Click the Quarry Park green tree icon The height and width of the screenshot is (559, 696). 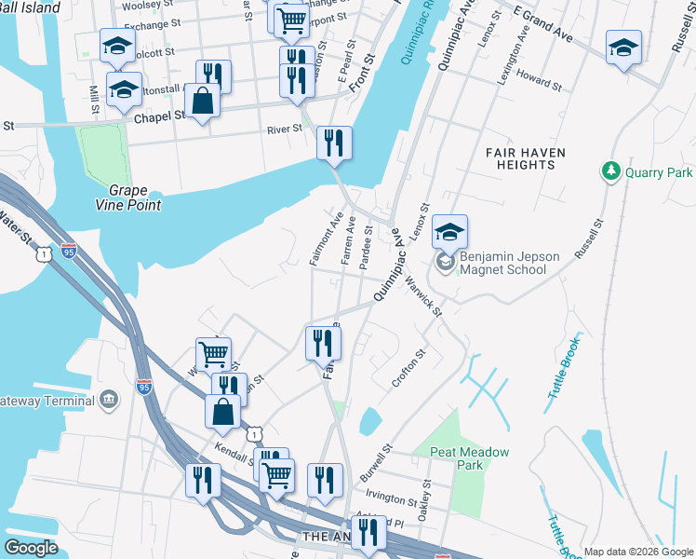(x=611, y=172)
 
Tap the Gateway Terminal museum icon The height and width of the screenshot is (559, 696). (x=109, y=400)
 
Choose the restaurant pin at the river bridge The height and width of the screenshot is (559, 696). (x=334, y=143)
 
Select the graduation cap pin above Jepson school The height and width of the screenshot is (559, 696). (x=449, y=232)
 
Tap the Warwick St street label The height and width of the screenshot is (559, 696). (x=422, y=295)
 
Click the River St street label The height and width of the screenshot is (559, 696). (x=285, y=130)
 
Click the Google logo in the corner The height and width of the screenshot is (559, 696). (x=32, y=548)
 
